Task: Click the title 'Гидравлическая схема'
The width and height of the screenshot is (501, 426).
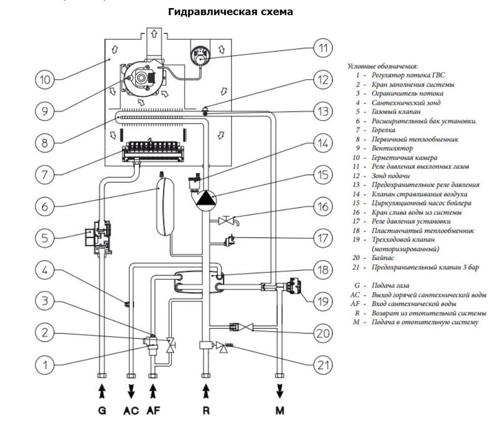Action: pyautogui.click(x=231, y=12)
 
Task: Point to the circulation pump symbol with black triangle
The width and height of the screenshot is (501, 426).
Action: pyautogui.click(x=205, y=197)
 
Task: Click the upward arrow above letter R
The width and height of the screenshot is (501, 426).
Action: pyautogui.click(x=205, y=391)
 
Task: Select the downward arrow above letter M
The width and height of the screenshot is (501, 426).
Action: pyautogui.click(x=280, y=391)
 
